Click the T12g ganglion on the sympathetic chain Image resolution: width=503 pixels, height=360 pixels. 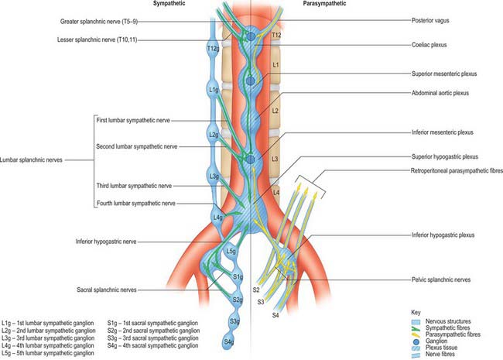[x=213, y=49]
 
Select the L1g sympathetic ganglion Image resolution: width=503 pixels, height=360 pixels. [x=214, y=90]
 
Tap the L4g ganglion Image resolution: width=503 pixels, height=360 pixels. [x=218, y=218]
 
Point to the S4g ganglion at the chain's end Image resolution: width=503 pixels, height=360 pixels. [x=228, y=341]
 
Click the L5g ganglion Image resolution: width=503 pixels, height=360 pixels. [x=231, y=251]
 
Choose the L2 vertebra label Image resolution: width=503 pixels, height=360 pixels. [x=275, y=111]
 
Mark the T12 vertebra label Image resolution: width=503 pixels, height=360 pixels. [x=276, y=35]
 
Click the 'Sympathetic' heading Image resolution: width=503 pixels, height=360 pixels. [x=169, y=4]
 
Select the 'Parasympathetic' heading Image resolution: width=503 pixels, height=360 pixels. [x=324, y=4]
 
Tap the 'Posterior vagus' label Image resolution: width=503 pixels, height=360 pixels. [x=430, y=21]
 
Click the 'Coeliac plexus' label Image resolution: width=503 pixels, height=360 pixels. [x=429, y=45]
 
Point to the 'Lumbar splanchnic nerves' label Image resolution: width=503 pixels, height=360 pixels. [x=31, y=159]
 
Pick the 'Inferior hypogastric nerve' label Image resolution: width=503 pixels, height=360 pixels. [x=106, y=242]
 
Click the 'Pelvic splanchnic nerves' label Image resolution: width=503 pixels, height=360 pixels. [x=441, y=279]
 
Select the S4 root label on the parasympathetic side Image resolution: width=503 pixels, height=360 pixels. [x=275, y=315]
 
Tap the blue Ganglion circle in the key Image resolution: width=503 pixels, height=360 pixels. [x=416, y=341]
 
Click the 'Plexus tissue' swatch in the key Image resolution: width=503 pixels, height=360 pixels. [x=416, y=348]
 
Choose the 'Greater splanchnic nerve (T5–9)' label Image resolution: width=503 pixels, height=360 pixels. [x=99, y=22]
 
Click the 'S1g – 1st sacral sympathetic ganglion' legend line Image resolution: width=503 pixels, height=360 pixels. [x=152, y=323]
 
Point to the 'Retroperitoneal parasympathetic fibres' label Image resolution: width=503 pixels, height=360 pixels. [x=457, y=170]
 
